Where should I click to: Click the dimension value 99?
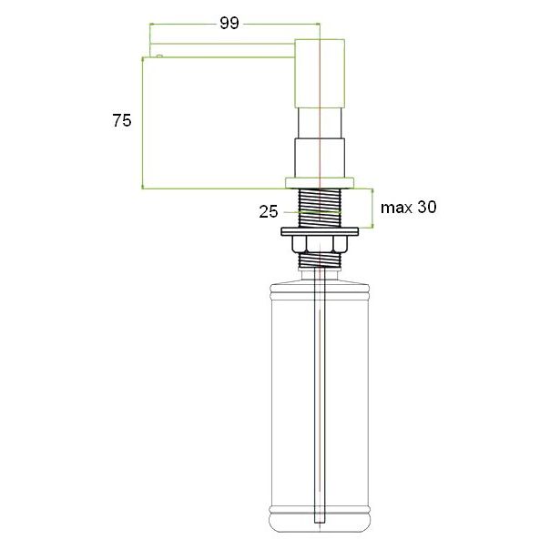229,23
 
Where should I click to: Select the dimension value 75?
122,120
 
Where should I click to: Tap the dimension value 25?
269,211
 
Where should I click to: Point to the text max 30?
409,207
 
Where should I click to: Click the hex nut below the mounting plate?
320,244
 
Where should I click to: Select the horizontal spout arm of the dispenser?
222,50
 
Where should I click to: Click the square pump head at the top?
320,74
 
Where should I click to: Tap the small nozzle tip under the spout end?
159,56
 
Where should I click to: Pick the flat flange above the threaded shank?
320,183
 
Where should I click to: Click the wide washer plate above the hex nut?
320,231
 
